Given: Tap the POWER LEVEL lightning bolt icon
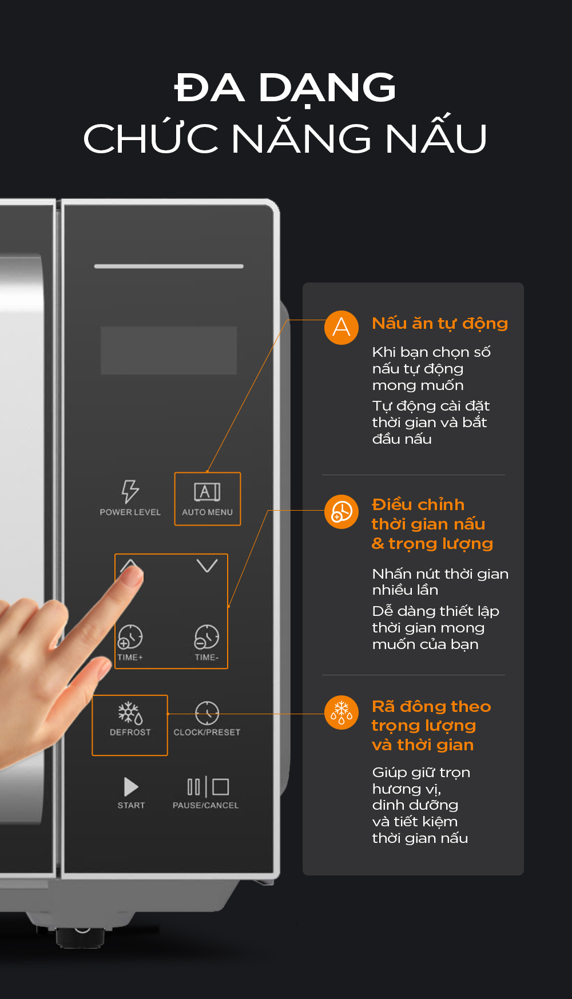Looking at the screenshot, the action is tap(130, 491).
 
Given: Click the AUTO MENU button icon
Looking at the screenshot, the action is tap(207, 491).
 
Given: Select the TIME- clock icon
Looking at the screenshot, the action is tap(206, 636).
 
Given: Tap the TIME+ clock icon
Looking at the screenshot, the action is tap(130, 636).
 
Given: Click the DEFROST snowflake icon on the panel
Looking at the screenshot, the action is tap(130, 713).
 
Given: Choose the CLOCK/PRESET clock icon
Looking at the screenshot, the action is tap(207, 713).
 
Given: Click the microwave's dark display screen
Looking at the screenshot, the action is tap(169, 351).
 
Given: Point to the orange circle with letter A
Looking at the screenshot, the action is tap(341, 328).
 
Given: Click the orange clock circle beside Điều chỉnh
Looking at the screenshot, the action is tap(341, 512).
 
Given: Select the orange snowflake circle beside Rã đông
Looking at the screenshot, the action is tap(341, 713).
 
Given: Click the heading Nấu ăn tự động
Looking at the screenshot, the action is tap(440, 324).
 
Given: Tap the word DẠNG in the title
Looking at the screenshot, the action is tap(327, 89).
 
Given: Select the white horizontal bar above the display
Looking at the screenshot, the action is tap(169, 266).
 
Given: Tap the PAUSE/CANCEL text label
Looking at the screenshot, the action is tap(206, 805).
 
